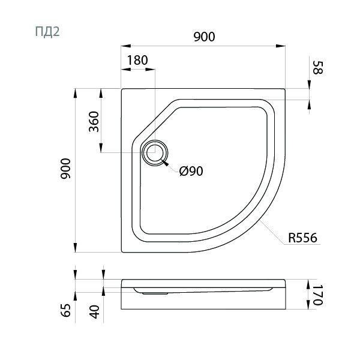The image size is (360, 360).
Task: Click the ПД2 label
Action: (x=47, y=31)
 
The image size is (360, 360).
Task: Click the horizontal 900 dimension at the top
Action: (x=204, y=37)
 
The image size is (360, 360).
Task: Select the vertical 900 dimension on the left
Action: (x=66, y=168)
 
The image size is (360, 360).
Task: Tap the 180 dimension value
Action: (x=137, y=61)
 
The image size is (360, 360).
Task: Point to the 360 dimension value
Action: (x=94, y=122)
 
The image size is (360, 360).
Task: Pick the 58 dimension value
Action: (x=318, y=67)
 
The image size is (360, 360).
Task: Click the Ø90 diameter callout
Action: (x=191, y=171)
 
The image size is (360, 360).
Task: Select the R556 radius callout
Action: (x=302, y=238)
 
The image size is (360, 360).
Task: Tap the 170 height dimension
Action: (x=318, y=295)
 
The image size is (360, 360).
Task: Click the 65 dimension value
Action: (x=66, y=310)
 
